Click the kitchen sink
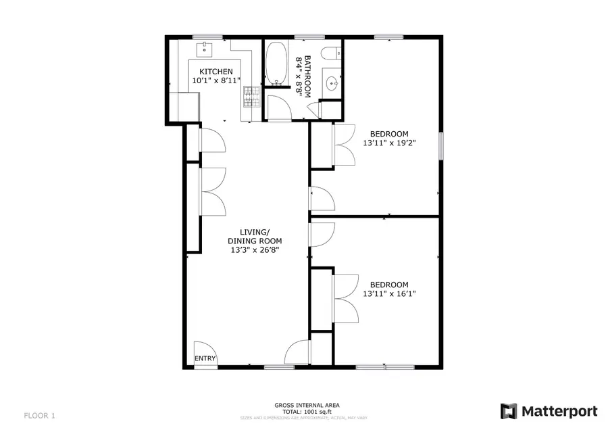[x=204, y=49]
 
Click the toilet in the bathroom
[x=331, y=55]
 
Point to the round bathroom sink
[x=331, y=84]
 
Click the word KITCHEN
[x=216, y=72]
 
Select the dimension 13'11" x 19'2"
[x=388, y=143]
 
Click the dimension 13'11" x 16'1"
[x=388, y=293]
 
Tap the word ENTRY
[x=205, y=358]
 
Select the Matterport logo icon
[x=509, y=411]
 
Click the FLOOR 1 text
[x=39, y=415]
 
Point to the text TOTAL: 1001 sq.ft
[x=307, y=411]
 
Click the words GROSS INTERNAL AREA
[x=307, y=405]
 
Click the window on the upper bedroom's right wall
[x=441, y=146]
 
